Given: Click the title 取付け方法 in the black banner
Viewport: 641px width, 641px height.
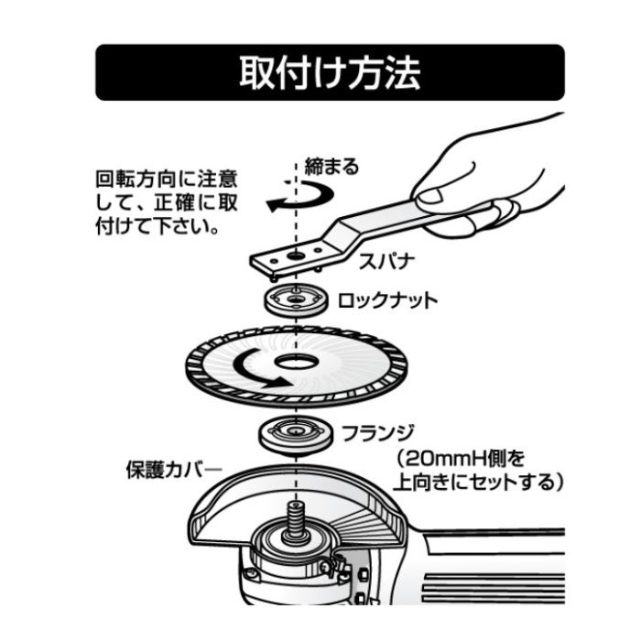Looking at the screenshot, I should [x=330, y=72].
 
